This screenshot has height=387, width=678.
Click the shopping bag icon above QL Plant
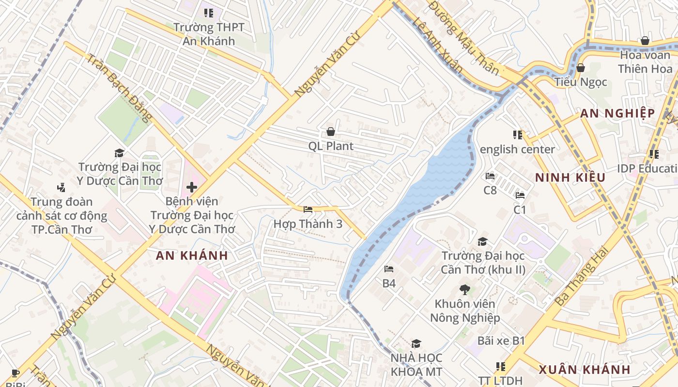(331, 132)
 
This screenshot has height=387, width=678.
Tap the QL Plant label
(331, 146)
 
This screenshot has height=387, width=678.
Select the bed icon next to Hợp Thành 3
(308, 209)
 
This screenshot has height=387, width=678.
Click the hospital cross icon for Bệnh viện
(192, 187)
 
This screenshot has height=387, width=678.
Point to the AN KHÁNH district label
(192, 256)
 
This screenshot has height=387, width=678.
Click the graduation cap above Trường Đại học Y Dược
(119, 153)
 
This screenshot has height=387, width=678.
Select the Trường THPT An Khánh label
(209, 34)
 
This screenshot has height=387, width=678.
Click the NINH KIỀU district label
(570, 178)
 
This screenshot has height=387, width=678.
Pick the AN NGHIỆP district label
(617, 114)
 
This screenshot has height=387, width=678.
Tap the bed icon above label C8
(490, 176)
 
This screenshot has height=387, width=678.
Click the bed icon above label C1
(520, 195)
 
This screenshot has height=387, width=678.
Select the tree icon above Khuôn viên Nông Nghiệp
(464, 290)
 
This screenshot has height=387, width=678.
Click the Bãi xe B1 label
(501, 341)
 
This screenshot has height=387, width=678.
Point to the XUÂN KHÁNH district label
(585, 370)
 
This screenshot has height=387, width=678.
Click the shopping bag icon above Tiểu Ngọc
(580, 68)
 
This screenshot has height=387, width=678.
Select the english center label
(517, 149)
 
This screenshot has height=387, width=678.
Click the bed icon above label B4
(389, 269)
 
